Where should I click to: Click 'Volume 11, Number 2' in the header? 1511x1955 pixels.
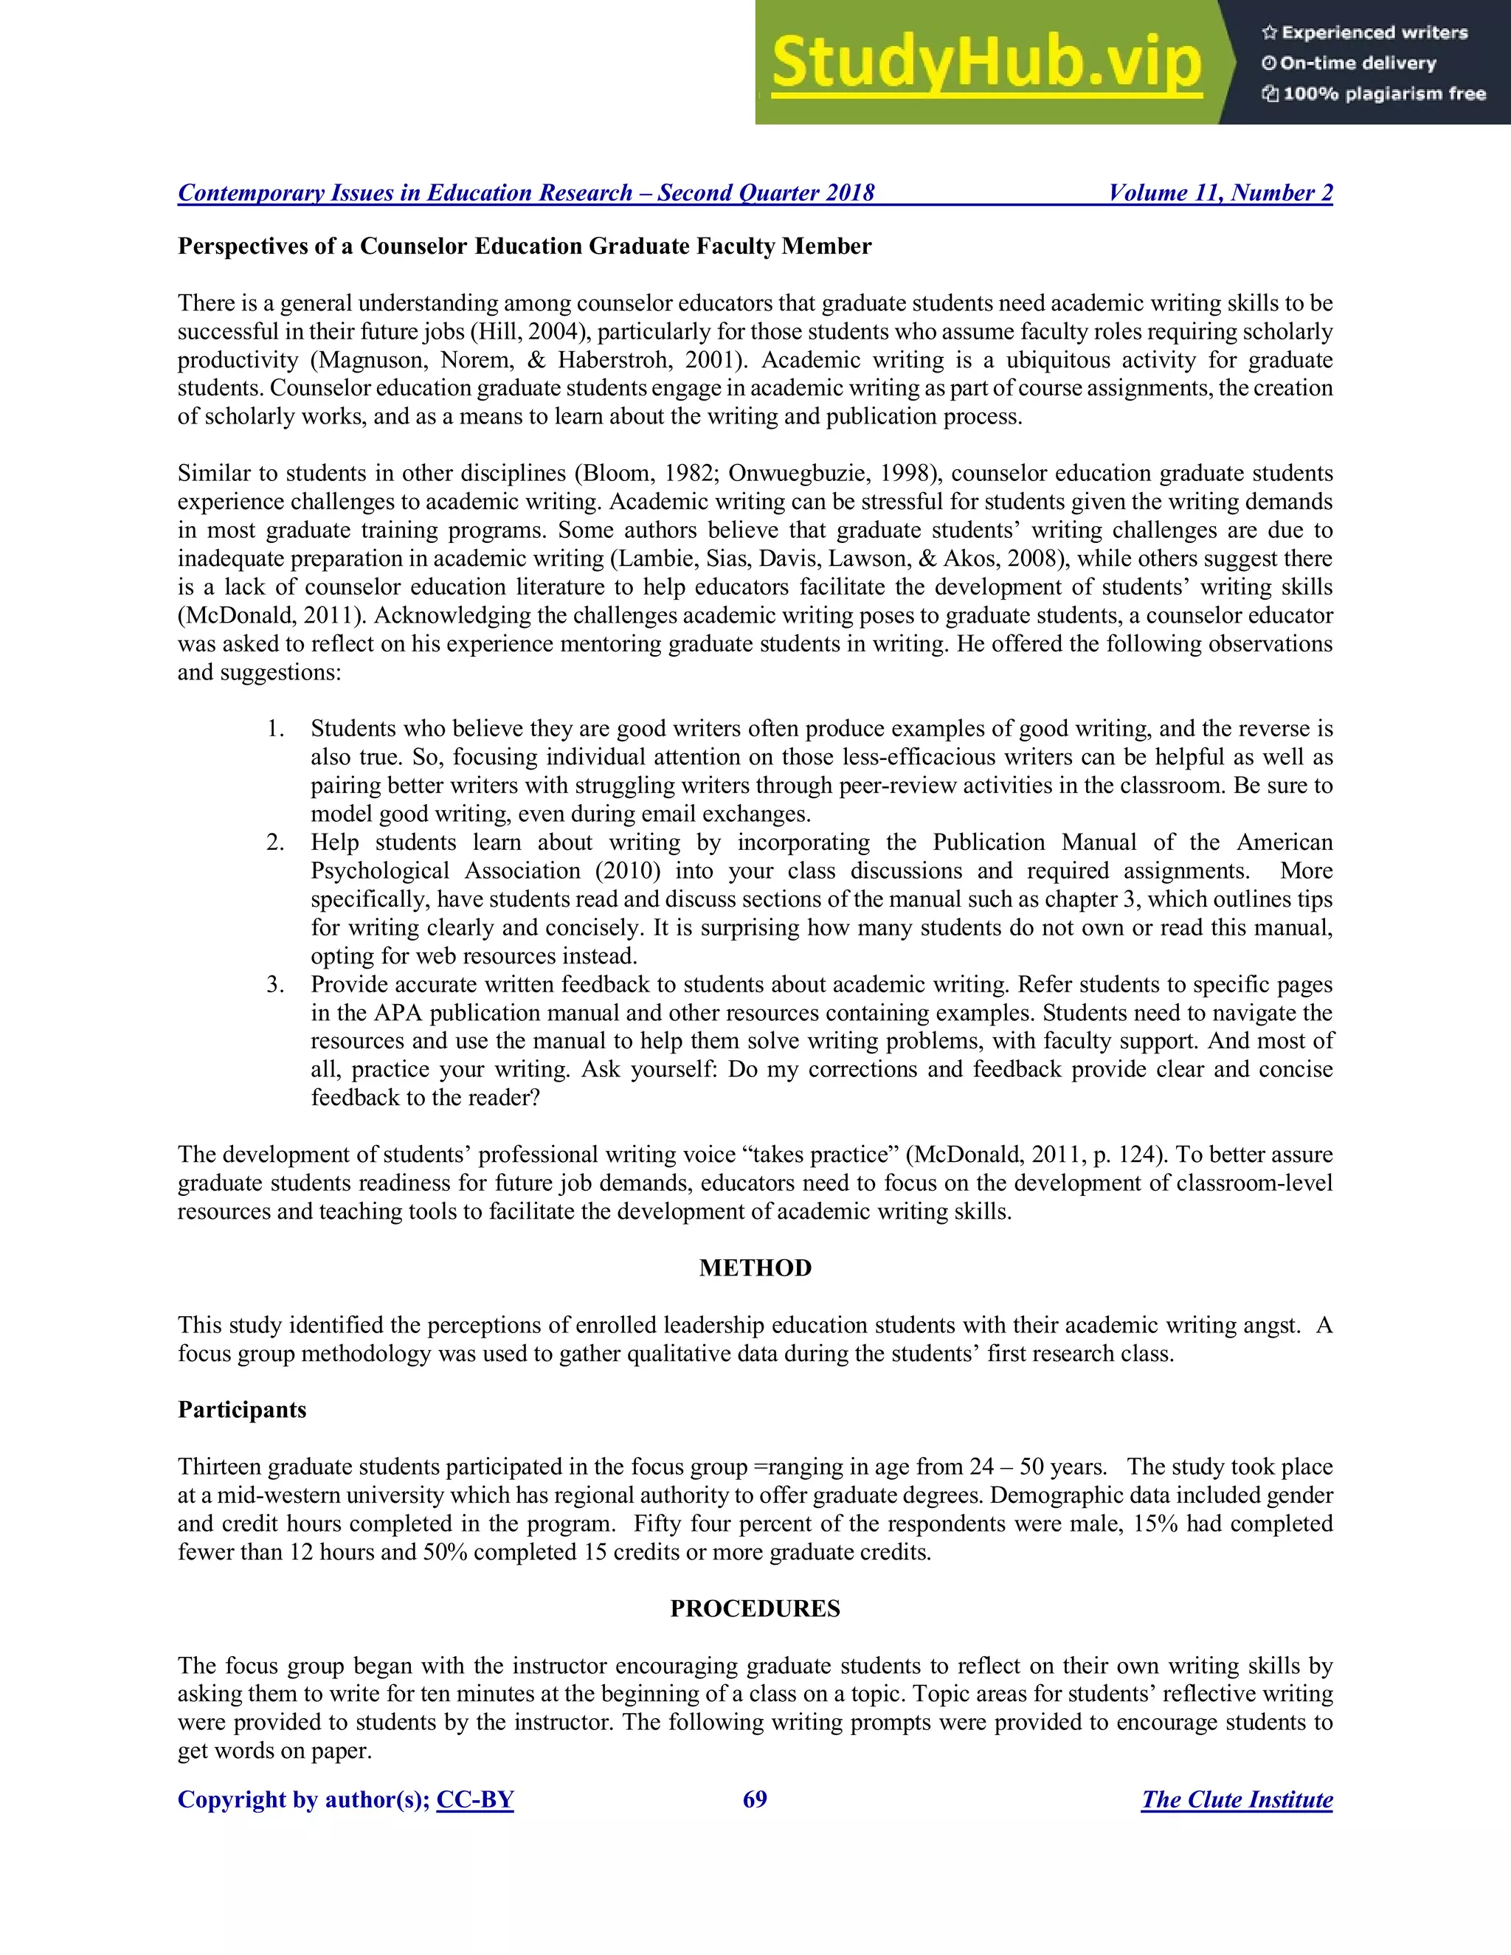(1220, 193)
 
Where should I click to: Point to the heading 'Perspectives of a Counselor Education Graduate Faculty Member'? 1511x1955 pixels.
(524, 246)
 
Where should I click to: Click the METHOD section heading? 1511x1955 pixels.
(755, 1267)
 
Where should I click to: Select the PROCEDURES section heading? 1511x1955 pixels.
(755, 1608)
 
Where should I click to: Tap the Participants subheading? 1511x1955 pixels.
(242, 1410)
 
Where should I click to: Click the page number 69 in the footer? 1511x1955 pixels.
(755, 1799)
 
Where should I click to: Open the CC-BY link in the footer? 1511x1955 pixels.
(474, 1799)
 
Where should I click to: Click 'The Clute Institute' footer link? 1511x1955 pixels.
(1237, 1799)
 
